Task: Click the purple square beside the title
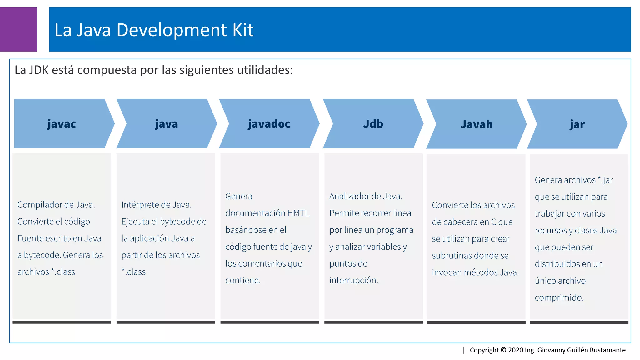[18, 29]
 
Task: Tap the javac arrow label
[62, 124]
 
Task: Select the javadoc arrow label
[269, 124]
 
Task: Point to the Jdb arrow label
[373, 124]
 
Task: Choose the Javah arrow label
[476, 124]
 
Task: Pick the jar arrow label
[577, 124]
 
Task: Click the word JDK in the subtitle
[39, 70]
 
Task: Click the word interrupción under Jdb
[353, 280]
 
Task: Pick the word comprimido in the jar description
[559, 297]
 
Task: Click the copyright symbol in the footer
[503, 350]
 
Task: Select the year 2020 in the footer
[516, 350]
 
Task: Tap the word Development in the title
[171, 30]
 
